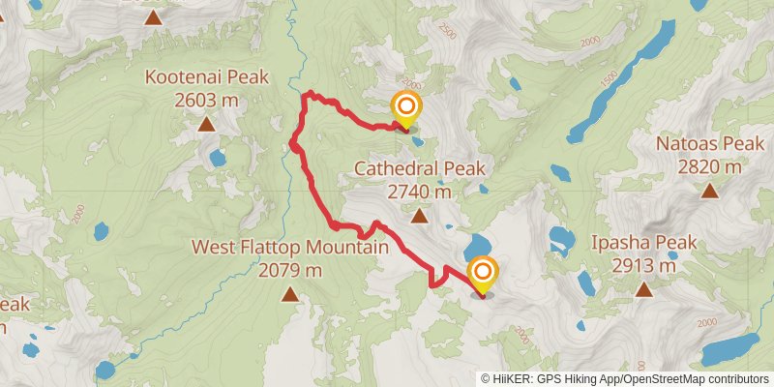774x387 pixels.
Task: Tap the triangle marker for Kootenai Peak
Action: [205, 123]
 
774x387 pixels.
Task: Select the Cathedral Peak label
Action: [419, 168]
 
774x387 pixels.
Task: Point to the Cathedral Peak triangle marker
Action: [420, 215]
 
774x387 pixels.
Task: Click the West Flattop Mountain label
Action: [289, 248]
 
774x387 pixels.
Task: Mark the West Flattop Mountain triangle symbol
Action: [289, 293]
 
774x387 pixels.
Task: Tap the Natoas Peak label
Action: [710, 144]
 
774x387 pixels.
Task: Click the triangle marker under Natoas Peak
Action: [710, 191]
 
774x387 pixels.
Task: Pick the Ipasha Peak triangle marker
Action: [643, 288]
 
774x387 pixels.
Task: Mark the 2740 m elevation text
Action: [419, 192]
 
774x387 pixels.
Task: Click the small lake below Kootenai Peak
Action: [217, 157]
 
